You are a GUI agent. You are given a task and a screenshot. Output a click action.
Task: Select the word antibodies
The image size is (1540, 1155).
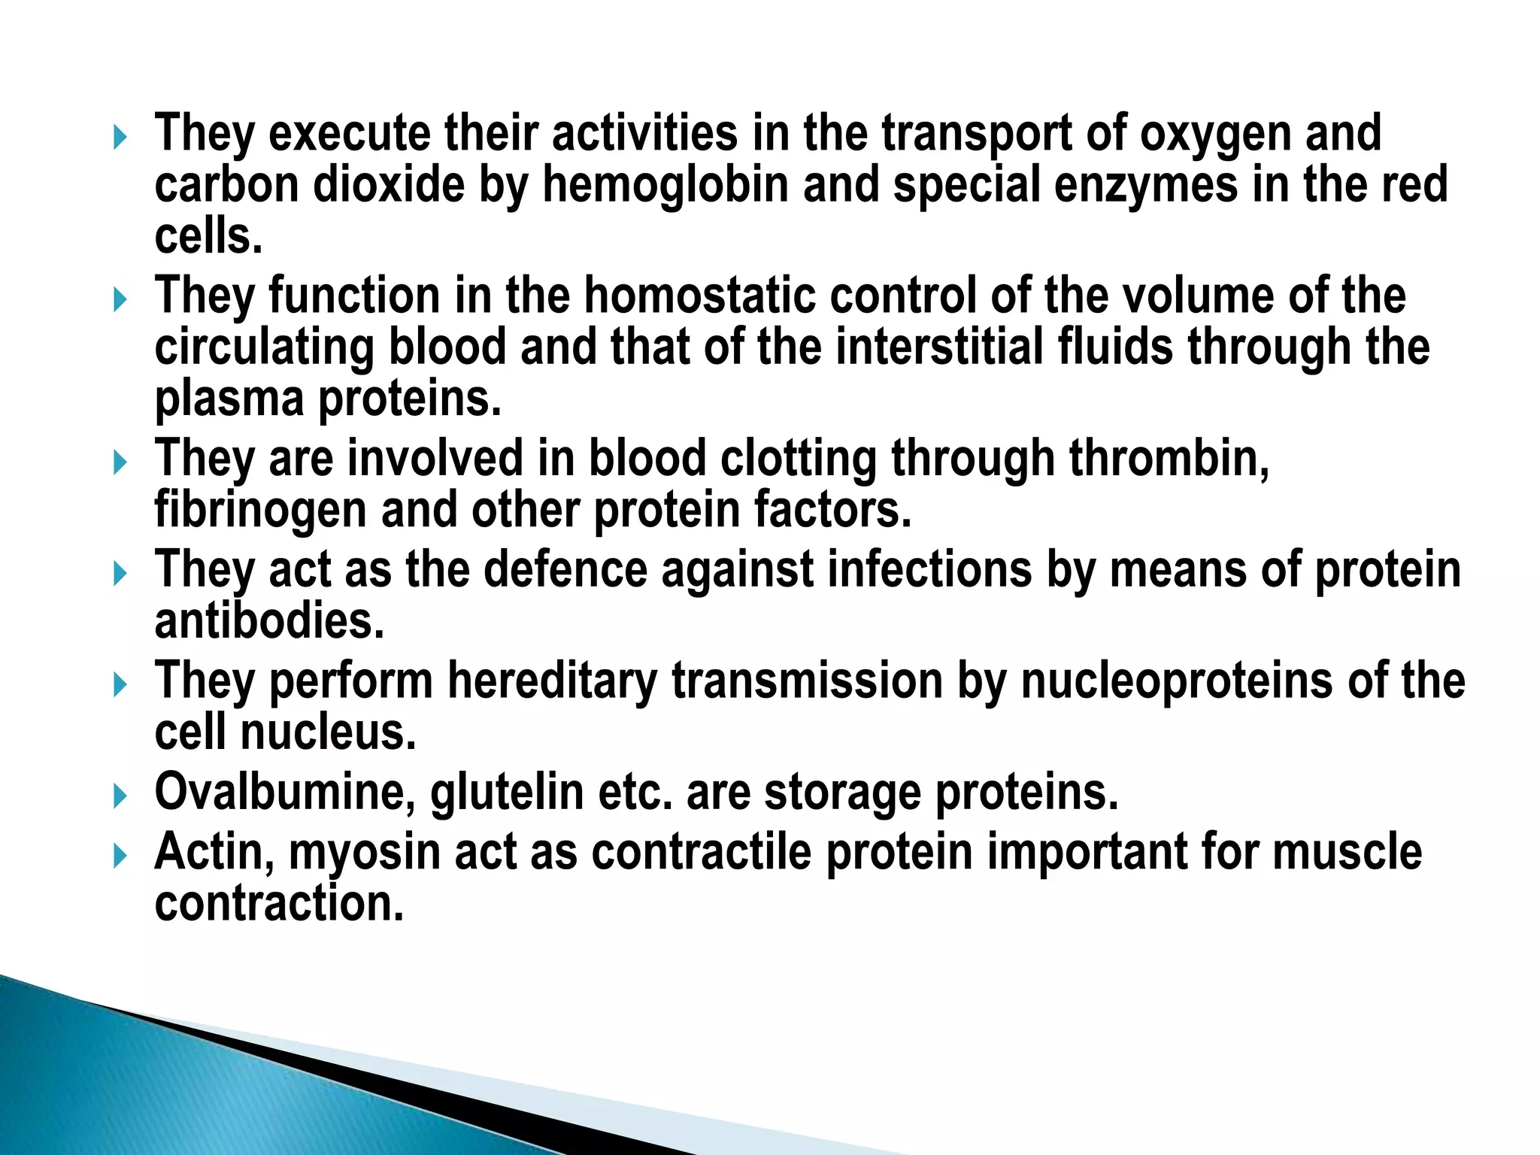tap(269, 621)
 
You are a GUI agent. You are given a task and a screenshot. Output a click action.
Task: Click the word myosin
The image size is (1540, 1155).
tap(364, 852)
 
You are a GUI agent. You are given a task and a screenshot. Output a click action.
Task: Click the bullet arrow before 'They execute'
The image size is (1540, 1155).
tap(120, 138)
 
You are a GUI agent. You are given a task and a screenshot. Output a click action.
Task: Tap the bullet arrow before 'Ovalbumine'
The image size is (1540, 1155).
tap(120, 796)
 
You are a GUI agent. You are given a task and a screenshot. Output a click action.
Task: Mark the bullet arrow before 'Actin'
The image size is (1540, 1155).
tap(120, 856)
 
